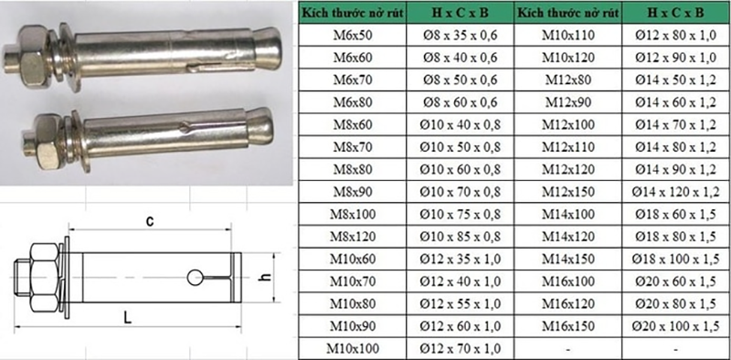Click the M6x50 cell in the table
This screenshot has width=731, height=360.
click(353, 35)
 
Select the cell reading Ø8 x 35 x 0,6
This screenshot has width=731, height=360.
click(461, 35)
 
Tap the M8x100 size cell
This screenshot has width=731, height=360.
click(353, 214)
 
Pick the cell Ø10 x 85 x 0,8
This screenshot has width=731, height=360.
click(461, 237)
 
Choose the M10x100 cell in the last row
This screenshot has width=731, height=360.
click(353, 348)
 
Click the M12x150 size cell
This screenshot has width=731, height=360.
click(568, 192)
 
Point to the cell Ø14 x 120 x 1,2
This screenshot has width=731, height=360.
click(676, 192)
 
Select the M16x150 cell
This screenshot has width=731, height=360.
click(568, 326)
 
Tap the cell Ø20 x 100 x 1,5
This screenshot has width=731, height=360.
click(676, 326)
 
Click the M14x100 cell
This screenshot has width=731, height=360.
click(568, 214)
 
